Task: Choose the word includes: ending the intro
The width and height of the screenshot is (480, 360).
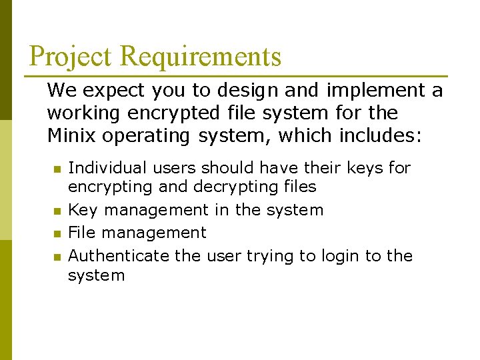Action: click(x=381, y=135)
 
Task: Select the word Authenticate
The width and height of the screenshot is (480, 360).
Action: click(x=119, y=255)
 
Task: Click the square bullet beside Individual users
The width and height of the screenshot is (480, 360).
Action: click(x=57, y=169)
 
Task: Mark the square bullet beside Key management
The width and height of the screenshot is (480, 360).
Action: click(x=57, y=211)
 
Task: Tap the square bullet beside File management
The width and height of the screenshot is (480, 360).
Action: click(x=57, y=234)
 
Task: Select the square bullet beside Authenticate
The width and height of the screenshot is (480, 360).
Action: click(x=57, y=257)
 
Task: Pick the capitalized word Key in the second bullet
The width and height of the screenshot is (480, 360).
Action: click(x=83, y=210)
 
